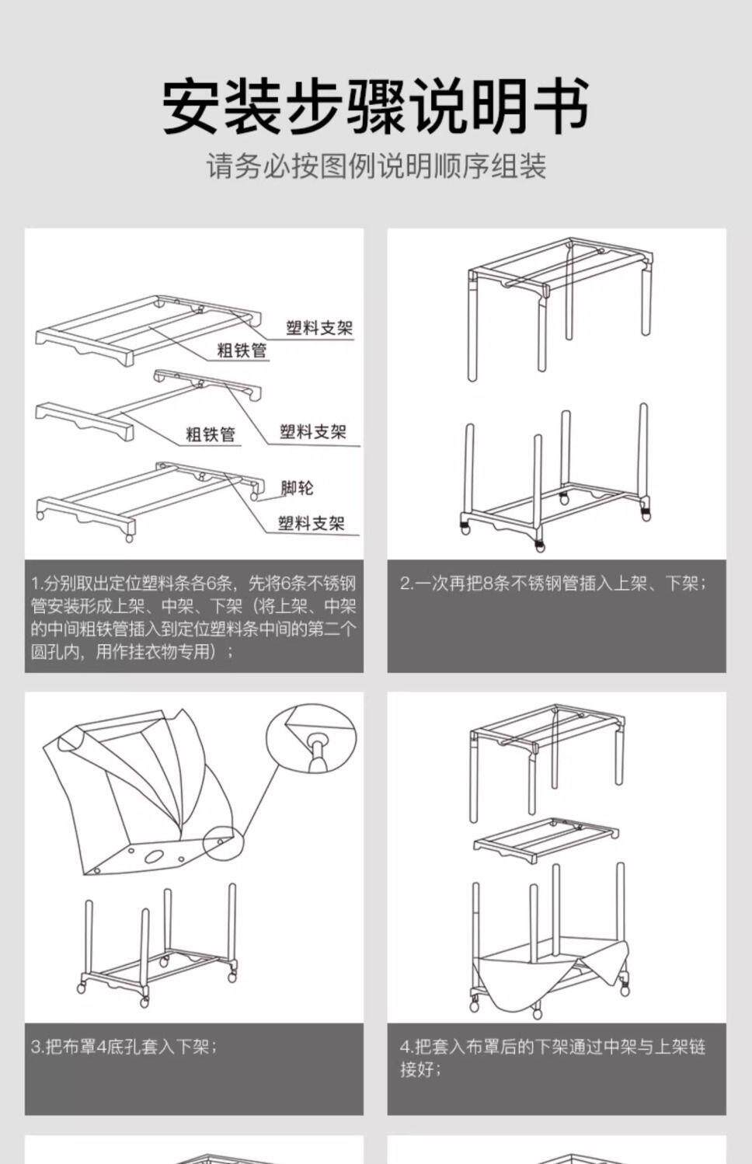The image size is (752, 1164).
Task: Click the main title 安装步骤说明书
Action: (x=376, y=106)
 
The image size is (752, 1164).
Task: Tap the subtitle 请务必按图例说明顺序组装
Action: (x=376, y=166)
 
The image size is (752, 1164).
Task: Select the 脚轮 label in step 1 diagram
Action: (x=297, y=488)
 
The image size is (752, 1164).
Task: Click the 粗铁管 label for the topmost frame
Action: (x=242, y=350)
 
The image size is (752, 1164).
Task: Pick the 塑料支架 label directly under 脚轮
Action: (x=311, y=524)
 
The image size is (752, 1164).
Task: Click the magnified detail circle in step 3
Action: (x=311, y=738)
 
